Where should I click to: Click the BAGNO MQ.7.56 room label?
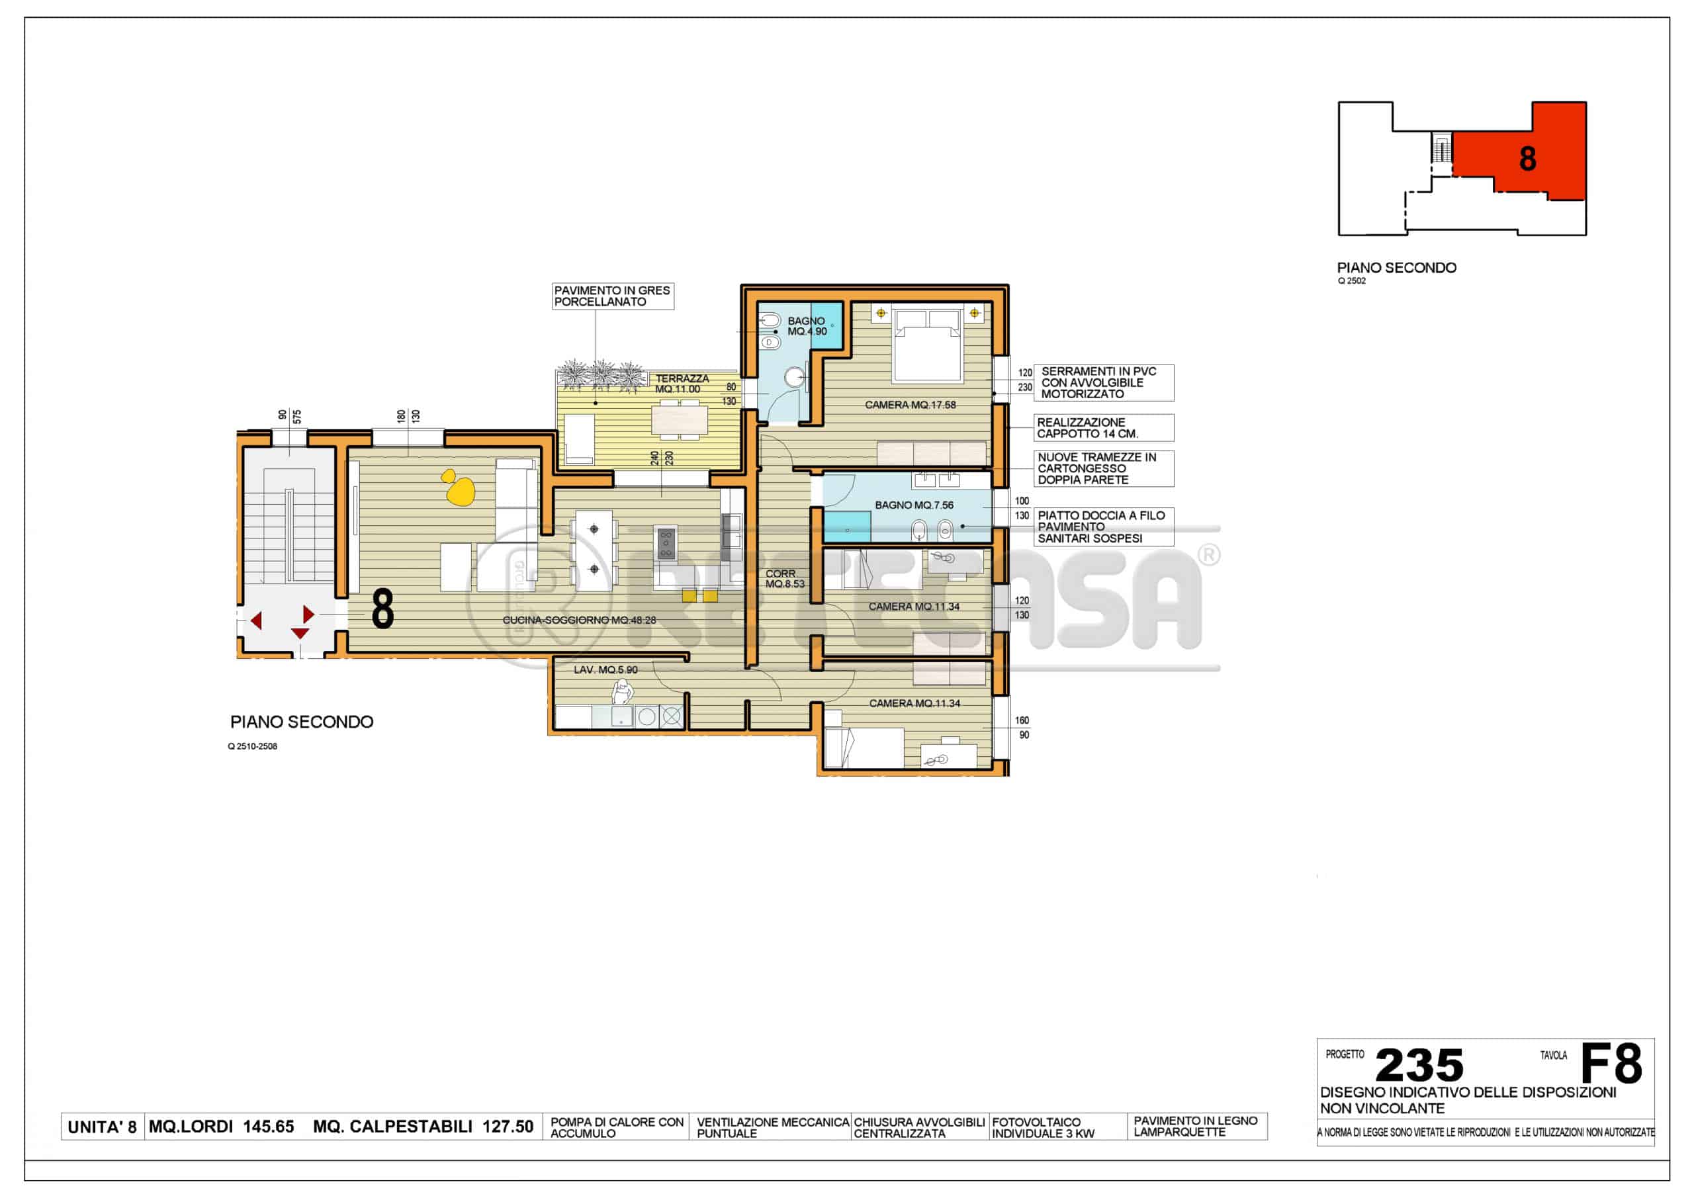[913, 505]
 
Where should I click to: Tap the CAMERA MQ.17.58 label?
[910, 405]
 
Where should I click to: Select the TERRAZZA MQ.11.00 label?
[681, 384]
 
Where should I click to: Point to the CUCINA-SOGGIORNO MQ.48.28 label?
[579, 620]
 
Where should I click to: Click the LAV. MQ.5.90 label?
[605, 670]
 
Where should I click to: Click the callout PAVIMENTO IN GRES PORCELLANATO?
[612, 296]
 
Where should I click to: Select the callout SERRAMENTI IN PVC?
[1103, 383]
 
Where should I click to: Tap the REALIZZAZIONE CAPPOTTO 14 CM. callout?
[1103, 428]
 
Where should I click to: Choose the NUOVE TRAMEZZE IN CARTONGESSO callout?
[1103, 468]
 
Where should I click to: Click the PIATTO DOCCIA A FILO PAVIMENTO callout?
[1103, 527]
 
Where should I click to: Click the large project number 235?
[1419, 1065]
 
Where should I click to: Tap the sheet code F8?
[1611, 1063]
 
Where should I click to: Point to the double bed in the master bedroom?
[928, 345]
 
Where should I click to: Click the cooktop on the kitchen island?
[666, 544]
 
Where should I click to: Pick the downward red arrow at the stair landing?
[300, 633]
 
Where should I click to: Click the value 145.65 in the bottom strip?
[269, 1127]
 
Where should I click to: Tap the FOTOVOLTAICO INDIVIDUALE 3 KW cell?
[1057, 1127]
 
